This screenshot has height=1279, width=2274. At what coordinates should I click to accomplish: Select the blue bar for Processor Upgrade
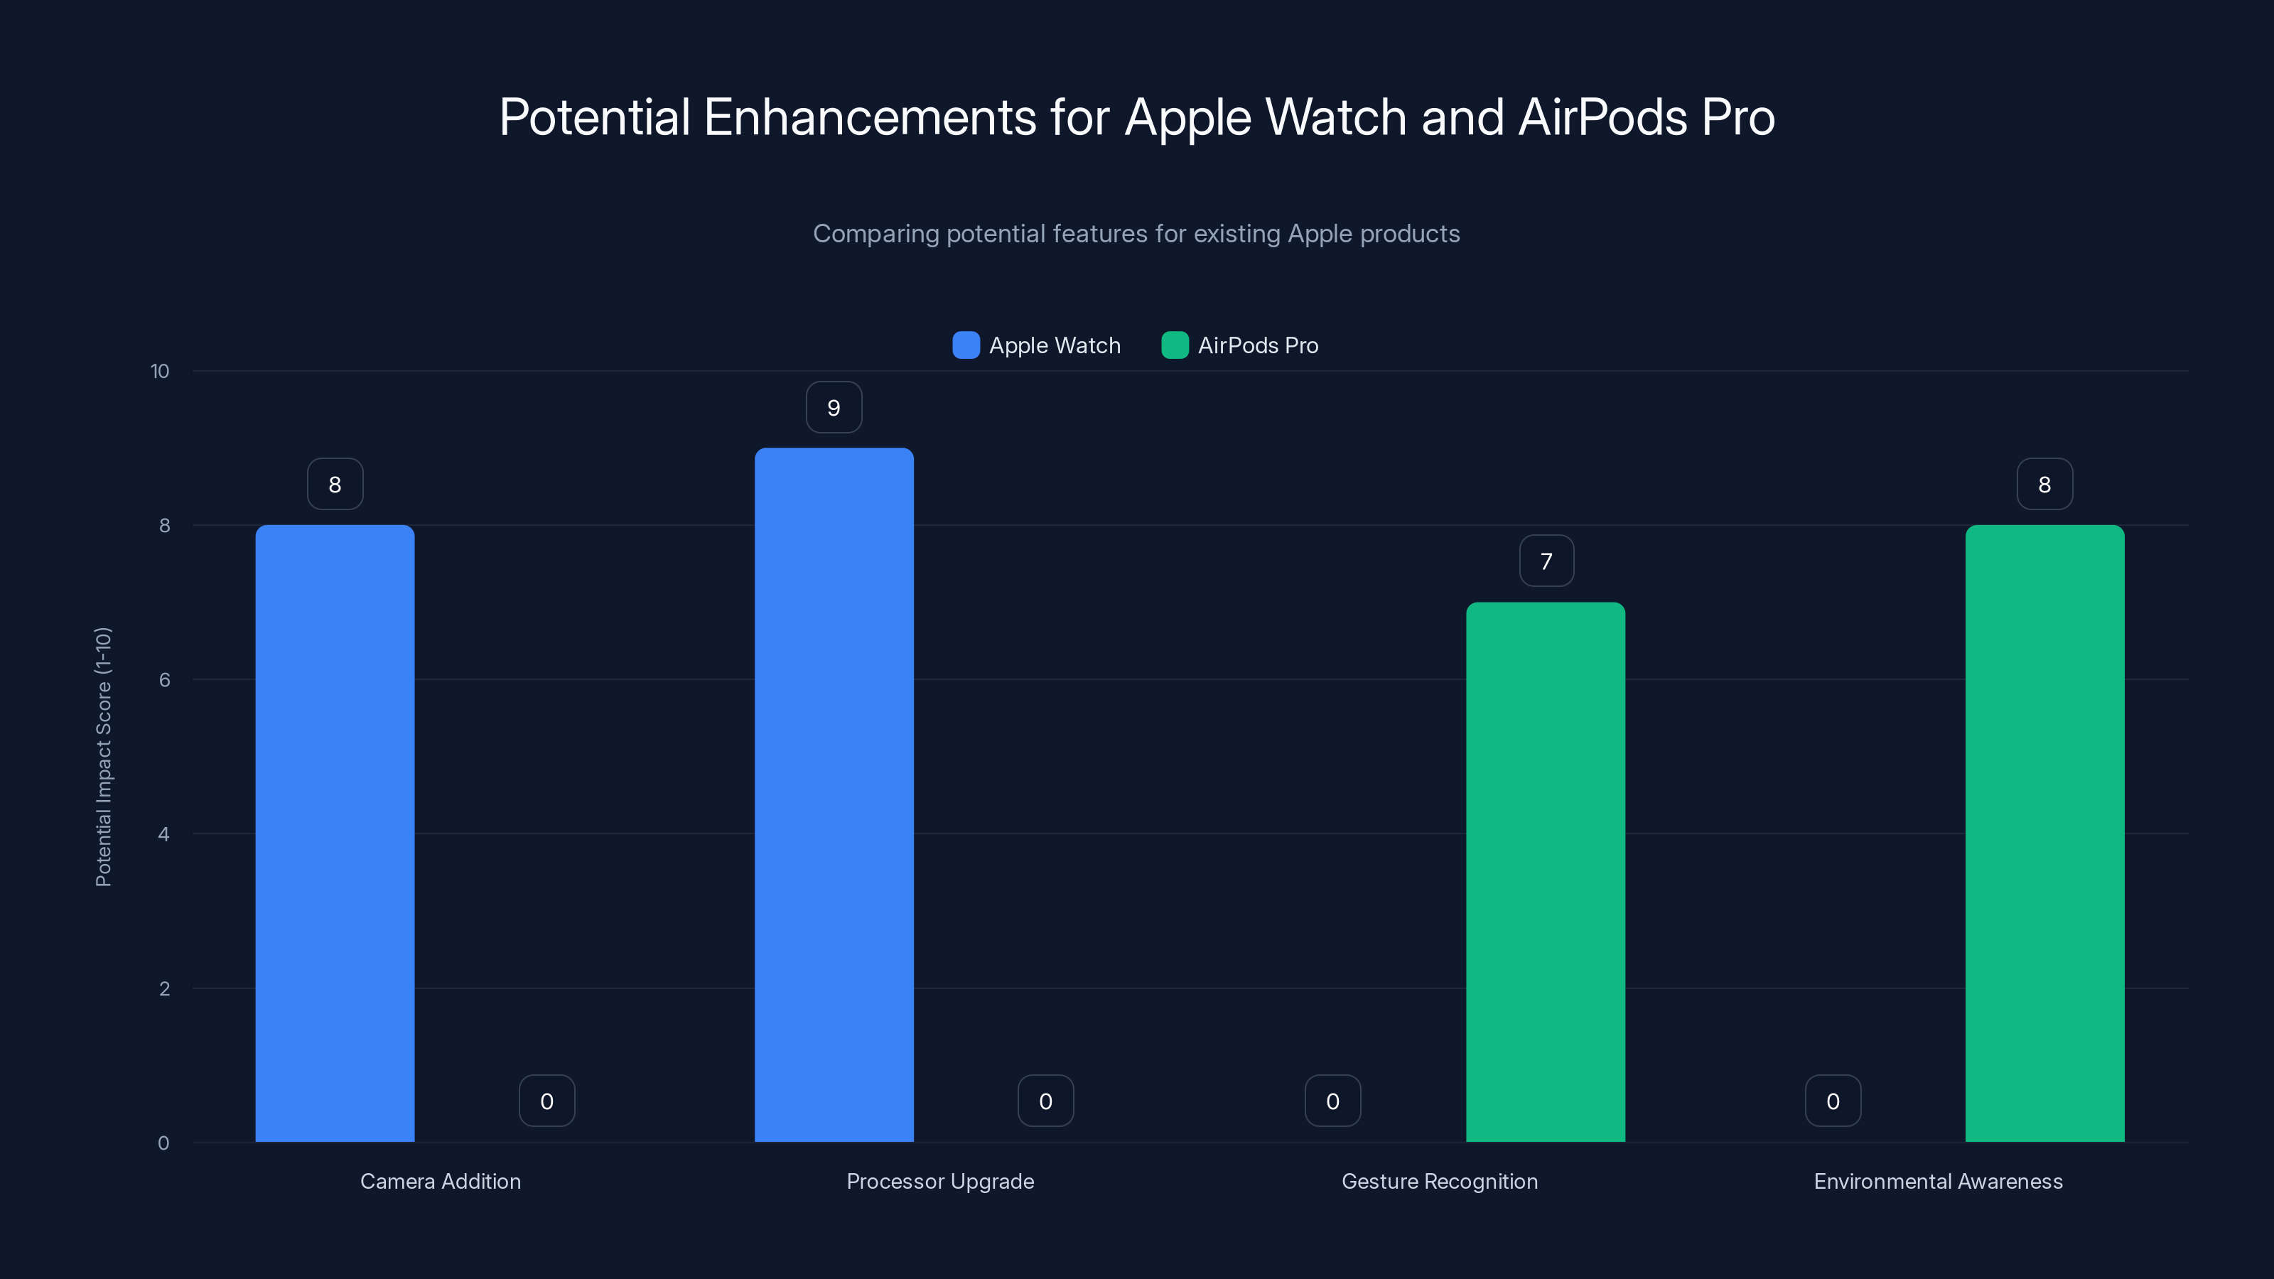click(x=834, y=794)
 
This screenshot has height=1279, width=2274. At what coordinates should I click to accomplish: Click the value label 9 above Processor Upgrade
click(x=834, y=408)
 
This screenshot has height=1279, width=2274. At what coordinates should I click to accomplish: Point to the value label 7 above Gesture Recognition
click(x=1546, y=561)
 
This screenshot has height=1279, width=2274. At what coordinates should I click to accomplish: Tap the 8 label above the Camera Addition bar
click(x=335, y=485)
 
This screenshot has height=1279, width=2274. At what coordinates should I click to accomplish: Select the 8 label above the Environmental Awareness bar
click(x=2044, y=485)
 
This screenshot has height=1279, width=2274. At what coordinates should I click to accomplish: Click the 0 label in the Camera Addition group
click(x=546, y=1101)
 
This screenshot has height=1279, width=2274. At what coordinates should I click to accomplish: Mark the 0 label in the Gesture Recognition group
click(x=1332, y=1101)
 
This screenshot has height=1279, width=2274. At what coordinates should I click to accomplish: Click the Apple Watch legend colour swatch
click(x=966, y=345)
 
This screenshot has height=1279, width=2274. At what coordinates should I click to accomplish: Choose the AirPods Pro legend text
click(x=1257, y=345)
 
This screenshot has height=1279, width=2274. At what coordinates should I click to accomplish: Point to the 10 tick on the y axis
click(x=160, y=371)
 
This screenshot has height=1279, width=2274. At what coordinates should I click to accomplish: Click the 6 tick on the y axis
click(x=164, y=680)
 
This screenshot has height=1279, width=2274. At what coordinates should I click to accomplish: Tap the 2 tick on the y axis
click(x=164, y=988)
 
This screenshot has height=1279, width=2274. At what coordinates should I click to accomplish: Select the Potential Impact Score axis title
click(x=103, y=757)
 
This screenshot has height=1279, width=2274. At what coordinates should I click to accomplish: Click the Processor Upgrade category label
click(x=940, y=1181)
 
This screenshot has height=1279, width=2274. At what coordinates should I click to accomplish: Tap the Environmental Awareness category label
click(x=1938, y=1181)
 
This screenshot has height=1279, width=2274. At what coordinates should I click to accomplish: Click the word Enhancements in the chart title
click(x=870, y=117)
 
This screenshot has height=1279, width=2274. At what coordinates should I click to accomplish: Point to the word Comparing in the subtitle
click(x=875, y=234)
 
